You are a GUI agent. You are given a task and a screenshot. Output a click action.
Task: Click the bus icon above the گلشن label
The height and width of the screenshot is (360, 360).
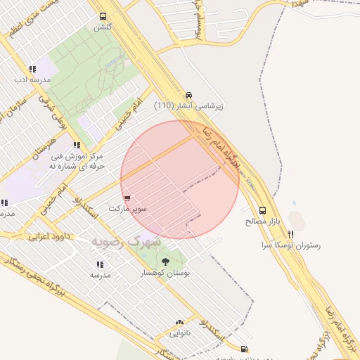103,16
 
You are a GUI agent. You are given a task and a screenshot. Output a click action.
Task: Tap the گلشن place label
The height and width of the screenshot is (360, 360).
103,27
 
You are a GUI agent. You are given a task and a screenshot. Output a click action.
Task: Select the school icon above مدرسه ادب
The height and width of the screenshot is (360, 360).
32,69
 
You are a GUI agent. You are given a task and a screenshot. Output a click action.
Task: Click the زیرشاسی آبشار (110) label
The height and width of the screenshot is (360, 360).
188,106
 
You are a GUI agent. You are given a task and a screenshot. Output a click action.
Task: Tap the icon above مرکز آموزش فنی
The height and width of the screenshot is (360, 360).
76,146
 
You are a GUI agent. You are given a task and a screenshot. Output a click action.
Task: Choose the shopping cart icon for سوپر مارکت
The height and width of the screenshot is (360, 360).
127,198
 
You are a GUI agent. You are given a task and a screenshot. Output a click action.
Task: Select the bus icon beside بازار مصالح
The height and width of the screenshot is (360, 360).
262,210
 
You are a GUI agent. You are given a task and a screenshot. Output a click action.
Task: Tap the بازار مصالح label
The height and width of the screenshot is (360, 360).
263,221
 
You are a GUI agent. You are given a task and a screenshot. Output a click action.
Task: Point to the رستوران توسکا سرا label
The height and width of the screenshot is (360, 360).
291,245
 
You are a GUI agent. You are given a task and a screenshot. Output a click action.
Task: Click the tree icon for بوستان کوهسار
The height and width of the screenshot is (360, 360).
165,262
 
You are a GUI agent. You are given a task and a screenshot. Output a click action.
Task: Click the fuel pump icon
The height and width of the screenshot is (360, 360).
244,348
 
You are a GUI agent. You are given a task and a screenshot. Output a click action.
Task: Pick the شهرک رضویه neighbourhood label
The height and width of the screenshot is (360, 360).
126,241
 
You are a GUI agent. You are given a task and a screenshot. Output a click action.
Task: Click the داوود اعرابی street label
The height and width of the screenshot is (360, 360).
48,238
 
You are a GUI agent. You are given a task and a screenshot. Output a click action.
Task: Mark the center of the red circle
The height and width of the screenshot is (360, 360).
180,180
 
